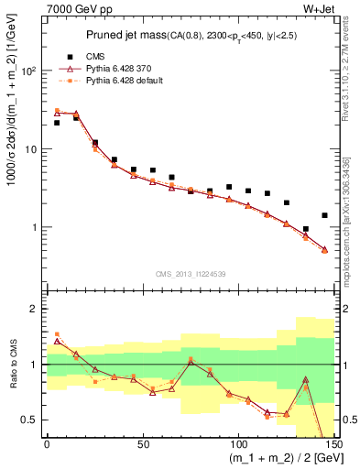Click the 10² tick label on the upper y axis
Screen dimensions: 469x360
[29, 71]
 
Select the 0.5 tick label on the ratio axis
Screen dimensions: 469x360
[27, 420]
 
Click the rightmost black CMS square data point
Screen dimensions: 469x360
[324, 215]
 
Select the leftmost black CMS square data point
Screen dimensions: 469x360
[57, 123]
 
